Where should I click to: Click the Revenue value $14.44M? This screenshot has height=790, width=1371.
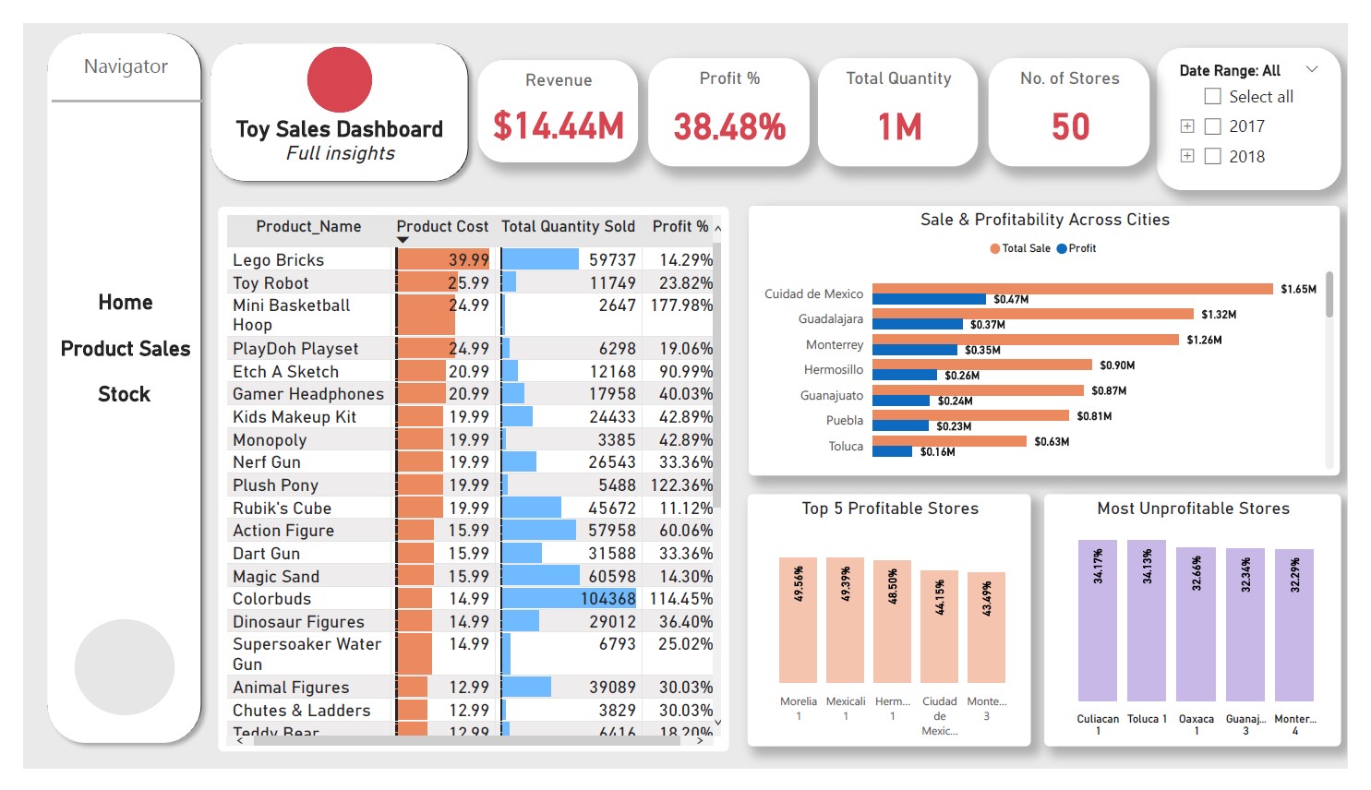click(x=559, y=126)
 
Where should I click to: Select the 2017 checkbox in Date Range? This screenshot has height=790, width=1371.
click(x=1213, y=126)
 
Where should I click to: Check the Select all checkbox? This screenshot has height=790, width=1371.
click(x=1213, y=97)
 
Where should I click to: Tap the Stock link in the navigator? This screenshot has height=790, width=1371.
click(x=125, y=394)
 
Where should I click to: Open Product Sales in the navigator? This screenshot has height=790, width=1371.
click(x=126, y=349)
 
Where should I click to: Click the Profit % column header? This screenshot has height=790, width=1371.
click(x=680, y=227)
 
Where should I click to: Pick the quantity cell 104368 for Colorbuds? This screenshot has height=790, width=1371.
click(x=607, y=599)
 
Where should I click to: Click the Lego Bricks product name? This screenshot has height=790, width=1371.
click(x=278, y=260)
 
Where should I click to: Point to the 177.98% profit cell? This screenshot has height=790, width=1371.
click(x=681, y=305)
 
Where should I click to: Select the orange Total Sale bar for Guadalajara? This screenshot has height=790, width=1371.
click(x=1032, y=314)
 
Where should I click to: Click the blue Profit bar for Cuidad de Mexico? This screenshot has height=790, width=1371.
click(x=929, y=299)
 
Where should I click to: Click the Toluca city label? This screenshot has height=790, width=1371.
click(x=846, y=447)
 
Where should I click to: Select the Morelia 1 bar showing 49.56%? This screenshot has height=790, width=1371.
click(x=798, y=620)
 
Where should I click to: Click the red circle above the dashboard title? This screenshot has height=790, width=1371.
click(x=340, y=79)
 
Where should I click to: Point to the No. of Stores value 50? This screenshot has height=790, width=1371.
click(x=1070, y=126)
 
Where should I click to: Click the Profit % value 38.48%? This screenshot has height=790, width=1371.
click(x=729, y=126)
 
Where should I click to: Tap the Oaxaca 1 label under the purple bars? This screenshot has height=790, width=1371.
click(x=1197, y=724)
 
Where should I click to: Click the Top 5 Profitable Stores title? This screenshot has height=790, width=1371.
click(x=890, y=509)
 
